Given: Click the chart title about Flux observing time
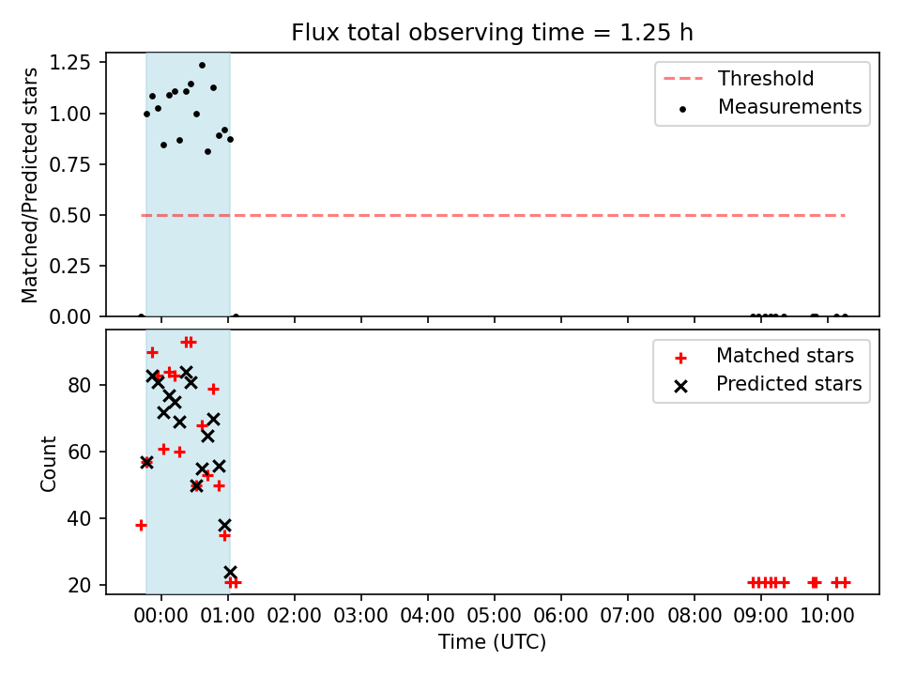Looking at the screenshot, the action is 492,33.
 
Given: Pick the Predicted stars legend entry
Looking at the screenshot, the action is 767,384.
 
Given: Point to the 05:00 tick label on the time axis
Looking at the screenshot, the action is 495,616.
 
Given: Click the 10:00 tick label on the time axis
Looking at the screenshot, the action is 828,616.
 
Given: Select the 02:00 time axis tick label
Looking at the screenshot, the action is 294,616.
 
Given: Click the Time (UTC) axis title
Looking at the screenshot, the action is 493,641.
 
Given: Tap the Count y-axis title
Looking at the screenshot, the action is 48,463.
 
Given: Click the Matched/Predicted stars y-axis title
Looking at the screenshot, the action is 29,185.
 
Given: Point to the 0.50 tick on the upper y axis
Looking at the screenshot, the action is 70,216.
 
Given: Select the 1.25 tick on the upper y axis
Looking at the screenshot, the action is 70,62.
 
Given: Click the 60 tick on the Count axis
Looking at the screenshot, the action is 80,452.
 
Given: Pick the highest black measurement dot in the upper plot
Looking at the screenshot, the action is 203,66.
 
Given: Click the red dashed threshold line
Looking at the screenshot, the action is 493,216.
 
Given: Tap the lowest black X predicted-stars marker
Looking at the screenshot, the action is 231,572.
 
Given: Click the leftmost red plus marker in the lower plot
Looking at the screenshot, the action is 142,526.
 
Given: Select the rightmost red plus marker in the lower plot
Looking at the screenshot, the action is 845,583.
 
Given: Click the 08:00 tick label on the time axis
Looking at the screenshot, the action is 695,616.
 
